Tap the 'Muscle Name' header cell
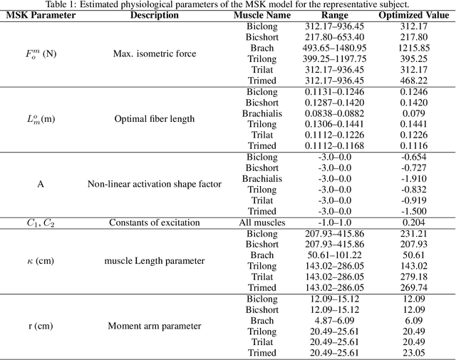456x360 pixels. [262, 15]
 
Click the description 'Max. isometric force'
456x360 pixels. [154, 53]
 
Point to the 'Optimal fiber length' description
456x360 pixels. [154, 118]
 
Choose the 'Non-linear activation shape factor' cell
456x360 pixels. [154, 185]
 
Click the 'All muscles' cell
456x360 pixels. [262, 222]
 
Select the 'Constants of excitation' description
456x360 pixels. [154, 222]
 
